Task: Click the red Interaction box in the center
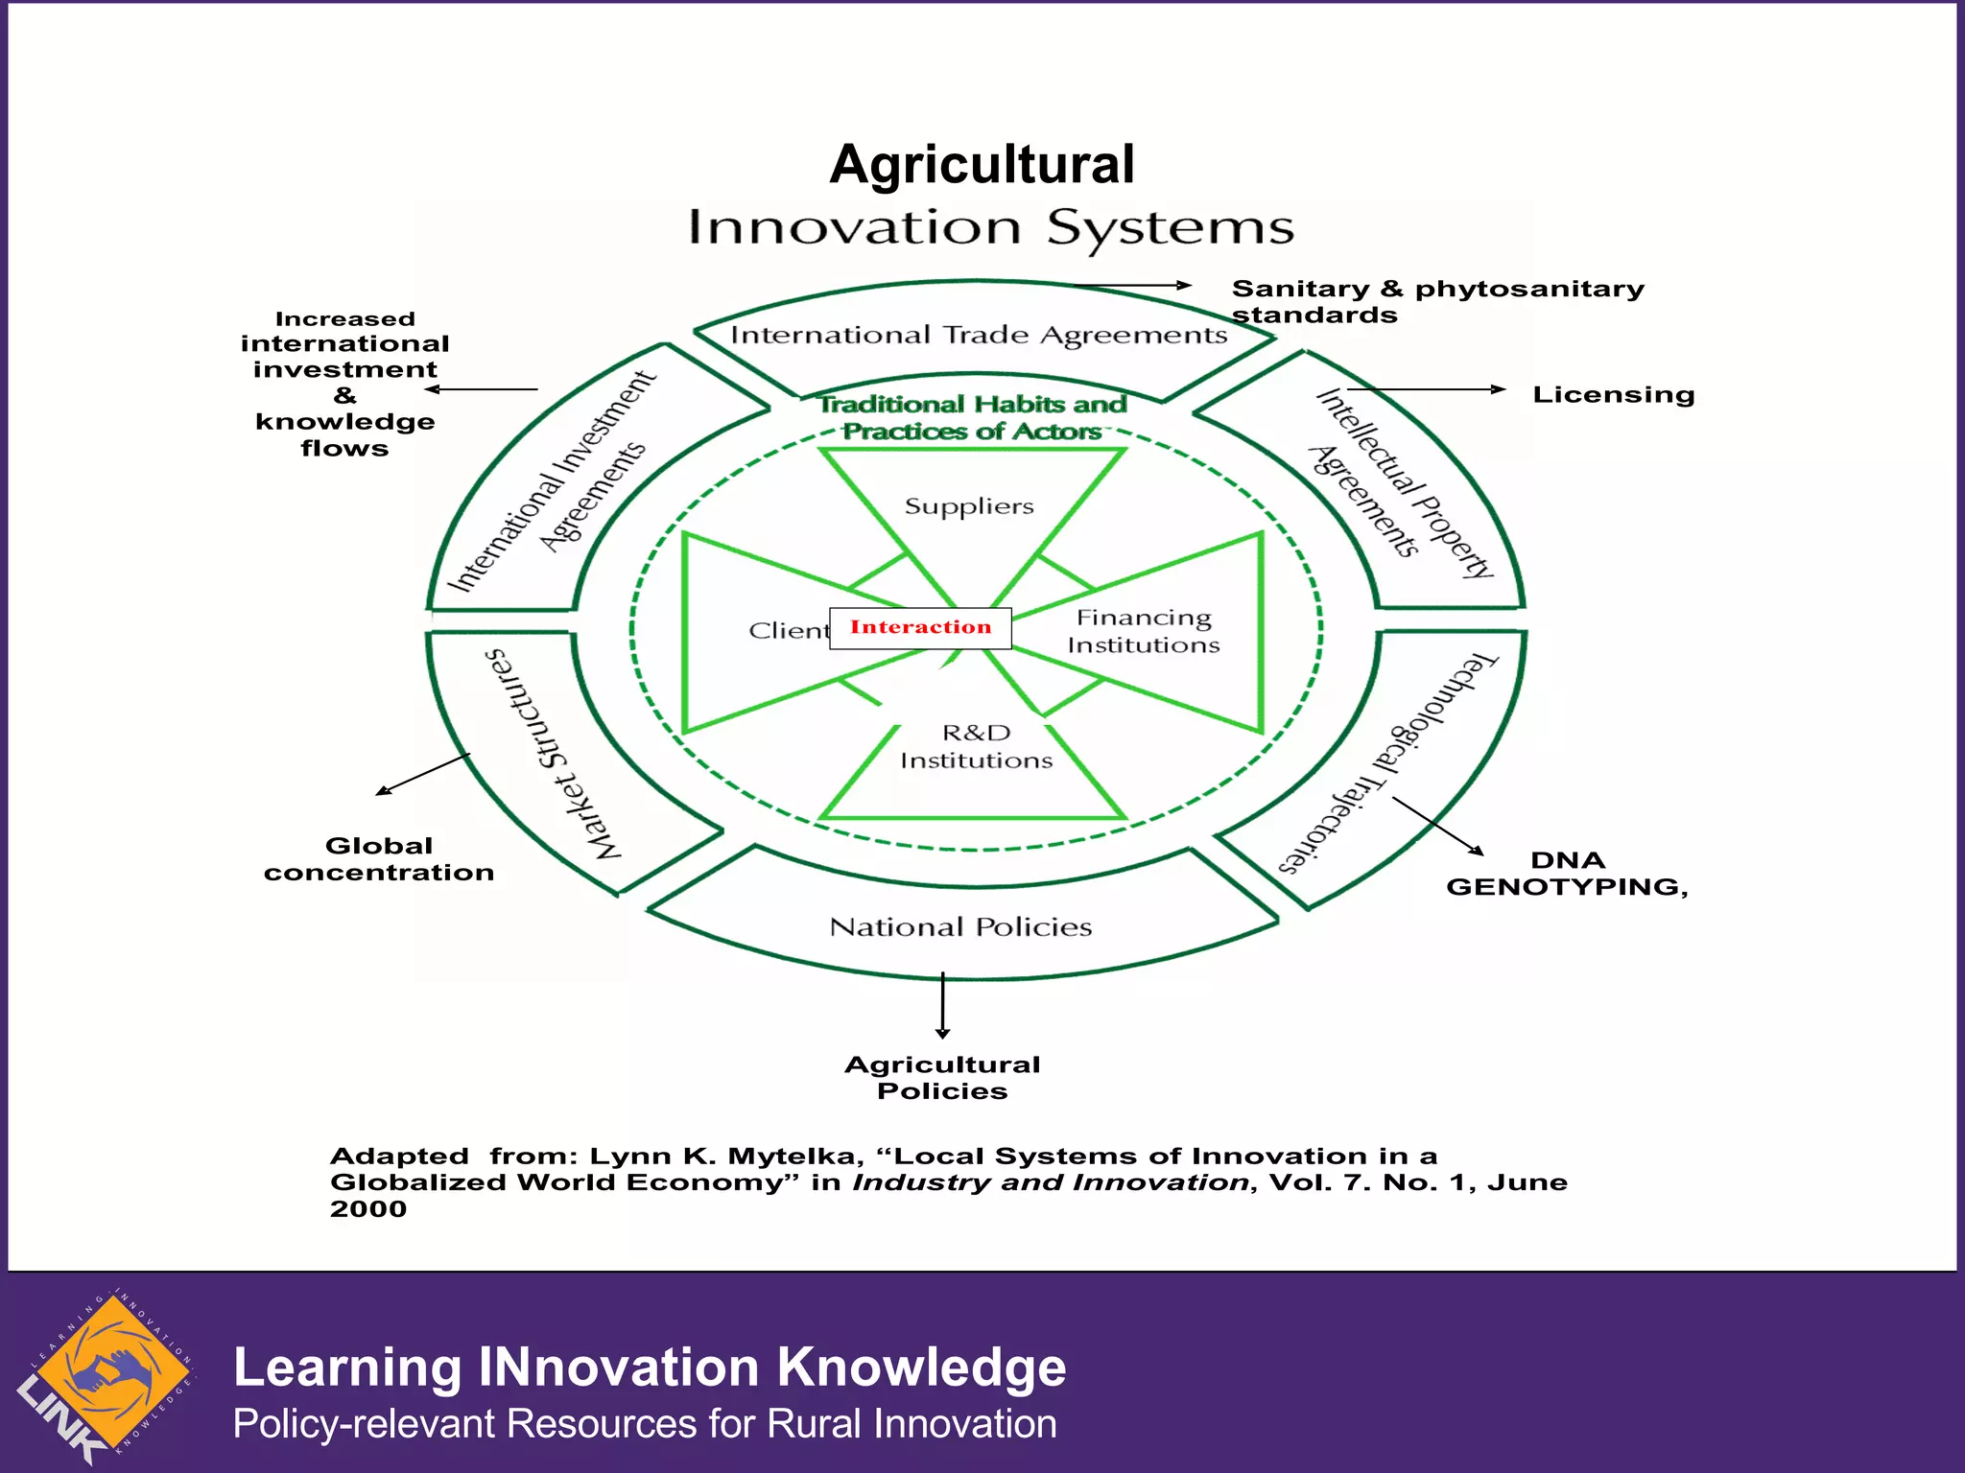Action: [920, 628]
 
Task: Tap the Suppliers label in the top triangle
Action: [969, 506]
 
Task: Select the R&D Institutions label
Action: [976, 746]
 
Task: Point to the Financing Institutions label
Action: [1143, 631]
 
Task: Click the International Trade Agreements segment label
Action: [979, 336]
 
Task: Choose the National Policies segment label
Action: [960, 926]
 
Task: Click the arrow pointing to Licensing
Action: [1426, 389]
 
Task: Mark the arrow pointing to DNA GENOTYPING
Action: [1437, 826]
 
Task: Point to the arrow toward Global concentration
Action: [423, 774]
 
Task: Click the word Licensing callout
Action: [1613, 395]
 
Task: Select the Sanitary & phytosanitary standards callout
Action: [1436, 302]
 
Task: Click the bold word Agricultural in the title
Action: [982, 164]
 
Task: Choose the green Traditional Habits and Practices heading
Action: [972, 418]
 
